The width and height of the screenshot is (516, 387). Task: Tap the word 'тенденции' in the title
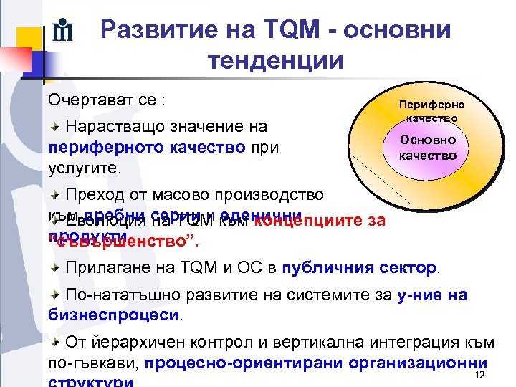click(x=276, y=61)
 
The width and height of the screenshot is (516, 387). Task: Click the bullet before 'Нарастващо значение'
click(x=54, y=127)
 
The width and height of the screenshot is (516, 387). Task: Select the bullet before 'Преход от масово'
click(x=54, y=195)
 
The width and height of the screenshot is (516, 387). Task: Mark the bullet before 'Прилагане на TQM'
click(x=54, y=268)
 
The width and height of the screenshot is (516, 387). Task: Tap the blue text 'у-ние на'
click(x=432, y=295)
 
